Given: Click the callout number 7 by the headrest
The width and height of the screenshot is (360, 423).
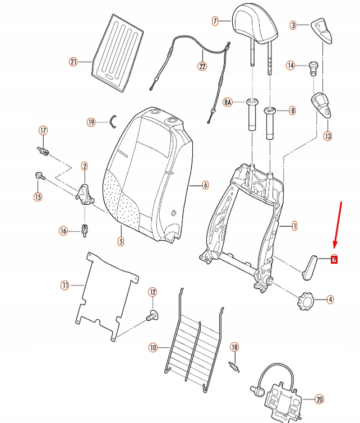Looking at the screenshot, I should [x=215, y=21].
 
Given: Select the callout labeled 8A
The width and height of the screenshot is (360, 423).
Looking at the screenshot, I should [x=228, y=103].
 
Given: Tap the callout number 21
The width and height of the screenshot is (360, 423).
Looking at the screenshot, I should [x=72, y=62].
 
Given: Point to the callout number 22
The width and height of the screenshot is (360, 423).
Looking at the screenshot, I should [x=202, y=66].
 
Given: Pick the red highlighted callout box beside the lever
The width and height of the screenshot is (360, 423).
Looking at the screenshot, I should [x=334, y=259].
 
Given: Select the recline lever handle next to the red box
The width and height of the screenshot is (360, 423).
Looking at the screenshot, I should [x=309, y=264].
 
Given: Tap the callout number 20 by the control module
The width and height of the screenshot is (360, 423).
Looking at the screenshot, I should [x=320, y=399].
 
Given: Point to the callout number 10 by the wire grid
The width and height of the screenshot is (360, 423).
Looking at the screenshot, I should [x=153, y=348].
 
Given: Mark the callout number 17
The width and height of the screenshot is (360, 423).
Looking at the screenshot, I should [x=43, y=131].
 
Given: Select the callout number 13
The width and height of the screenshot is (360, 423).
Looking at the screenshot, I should [x=327, y=136].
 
